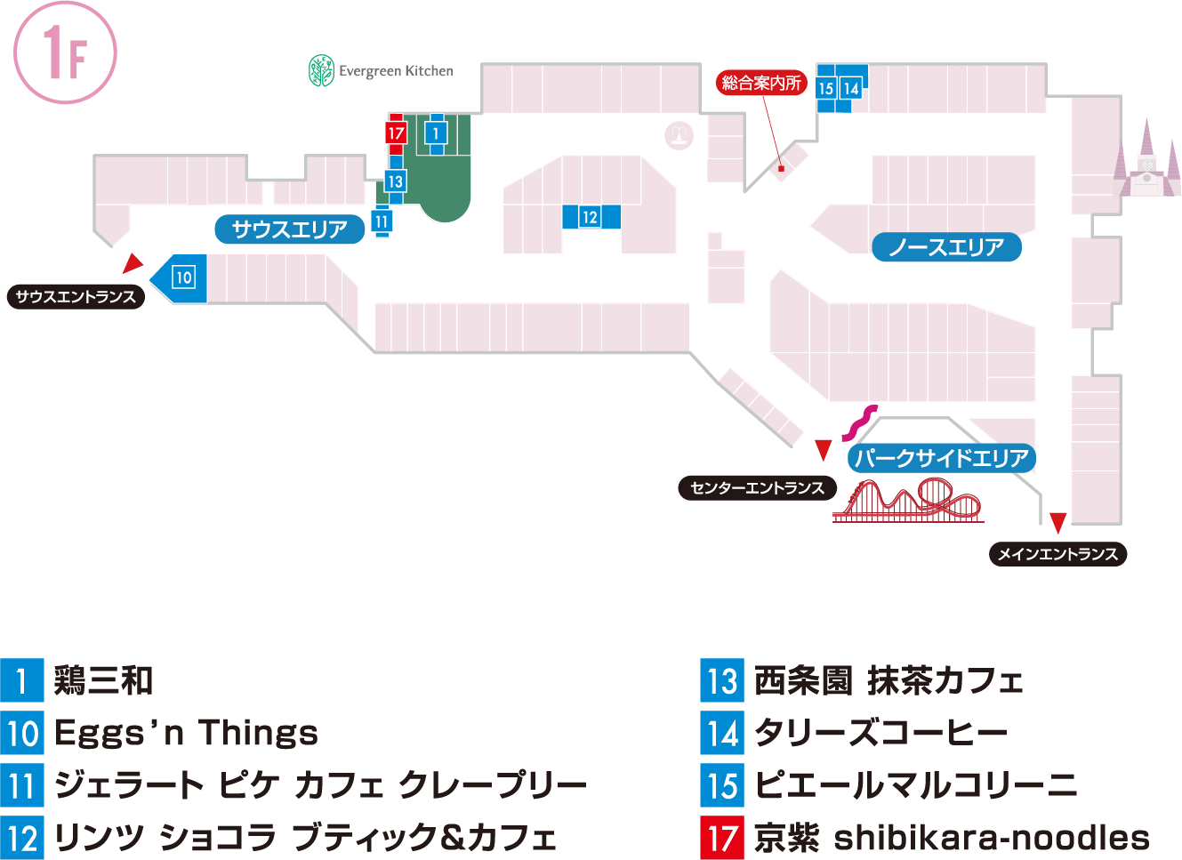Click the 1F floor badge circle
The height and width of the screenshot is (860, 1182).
pos(65,52)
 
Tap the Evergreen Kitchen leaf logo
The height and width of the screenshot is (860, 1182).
pos(321,70)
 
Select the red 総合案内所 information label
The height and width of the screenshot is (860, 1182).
pos(761,83)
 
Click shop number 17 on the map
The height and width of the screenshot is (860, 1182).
pos(396,133)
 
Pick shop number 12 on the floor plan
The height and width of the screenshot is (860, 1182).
pos(590,217)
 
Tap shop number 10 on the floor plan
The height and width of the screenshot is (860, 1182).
pos(183,277)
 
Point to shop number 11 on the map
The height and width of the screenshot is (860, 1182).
pos(382,221)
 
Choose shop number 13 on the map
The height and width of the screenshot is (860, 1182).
pos(395,181)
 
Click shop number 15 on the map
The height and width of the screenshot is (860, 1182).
pos(826,88)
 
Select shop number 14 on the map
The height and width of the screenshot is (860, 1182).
pos(850,88)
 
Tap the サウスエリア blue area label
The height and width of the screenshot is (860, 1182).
pos(290,229)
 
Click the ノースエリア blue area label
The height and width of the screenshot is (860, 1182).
pos(946,247)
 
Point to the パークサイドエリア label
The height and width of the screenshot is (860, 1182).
pos(941,458)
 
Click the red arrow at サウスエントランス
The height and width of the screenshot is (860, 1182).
pos(133,263)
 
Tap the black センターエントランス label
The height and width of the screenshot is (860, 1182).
pos(757,487)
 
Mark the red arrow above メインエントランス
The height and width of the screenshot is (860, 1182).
pos(1058,522)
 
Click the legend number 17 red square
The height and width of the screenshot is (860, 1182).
pos(722,837)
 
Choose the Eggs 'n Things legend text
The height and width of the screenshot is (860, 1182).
pos(186,733)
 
